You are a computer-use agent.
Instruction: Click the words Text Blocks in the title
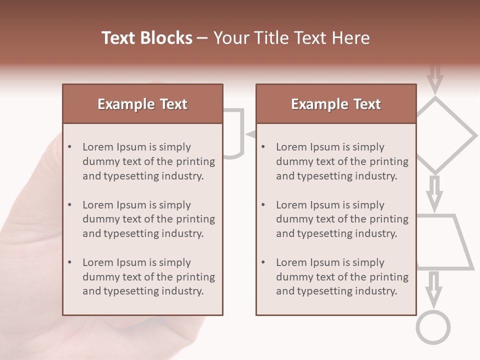coord(146,38)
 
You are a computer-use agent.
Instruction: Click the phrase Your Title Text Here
coord(291,38)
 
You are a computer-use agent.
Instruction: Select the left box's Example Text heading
coord(142,104)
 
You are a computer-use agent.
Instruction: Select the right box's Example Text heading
coord(336,104)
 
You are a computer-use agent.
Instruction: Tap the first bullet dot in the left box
coord(70,147)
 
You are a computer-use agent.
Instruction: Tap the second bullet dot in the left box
coord(70,205)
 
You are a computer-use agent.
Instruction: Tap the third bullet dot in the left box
coord(70,262)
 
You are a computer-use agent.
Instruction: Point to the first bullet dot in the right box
coord(263,147)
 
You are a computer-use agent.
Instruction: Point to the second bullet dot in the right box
coord(263,205)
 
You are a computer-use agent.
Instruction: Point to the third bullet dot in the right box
coord(263,262)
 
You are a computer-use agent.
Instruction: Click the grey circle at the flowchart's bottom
coord(433,327)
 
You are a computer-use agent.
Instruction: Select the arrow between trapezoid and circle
coord(434,288)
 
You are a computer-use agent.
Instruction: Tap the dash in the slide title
coord(202,38)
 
